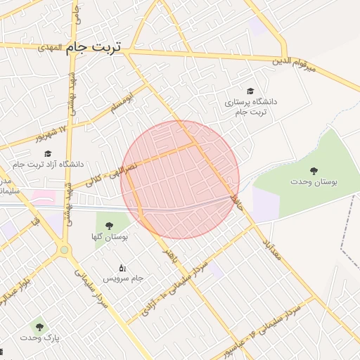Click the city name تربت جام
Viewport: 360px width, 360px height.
click(x=94, y=47)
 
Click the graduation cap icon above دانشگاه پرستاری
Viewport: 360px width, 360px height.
click(x=250, y=90)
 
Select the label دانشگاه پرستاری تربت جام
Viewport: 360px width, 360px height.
click(x=250, y=107)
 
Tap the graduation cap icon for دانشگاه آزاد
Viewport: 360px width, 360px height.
click(x=48, y=153)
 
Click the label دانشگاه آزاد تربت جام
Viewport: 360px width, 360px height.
click(x=47, y=165)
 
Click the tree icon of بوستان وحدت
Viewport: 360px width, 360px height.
click(x=314, y=170)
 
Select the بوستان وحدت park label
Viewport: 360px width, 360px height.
click(x=314, y=181)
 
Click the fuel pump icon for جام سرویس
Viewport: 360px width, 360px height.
click(x=123, y=267)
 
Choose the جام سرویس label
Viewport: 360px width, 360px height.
click(x=124, y=278)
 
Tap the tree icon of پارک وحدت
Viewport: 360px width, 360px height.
click(x=39, y=326)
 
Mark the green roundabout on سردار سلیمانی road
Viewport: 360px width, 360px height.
click(x=65, y=250)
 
